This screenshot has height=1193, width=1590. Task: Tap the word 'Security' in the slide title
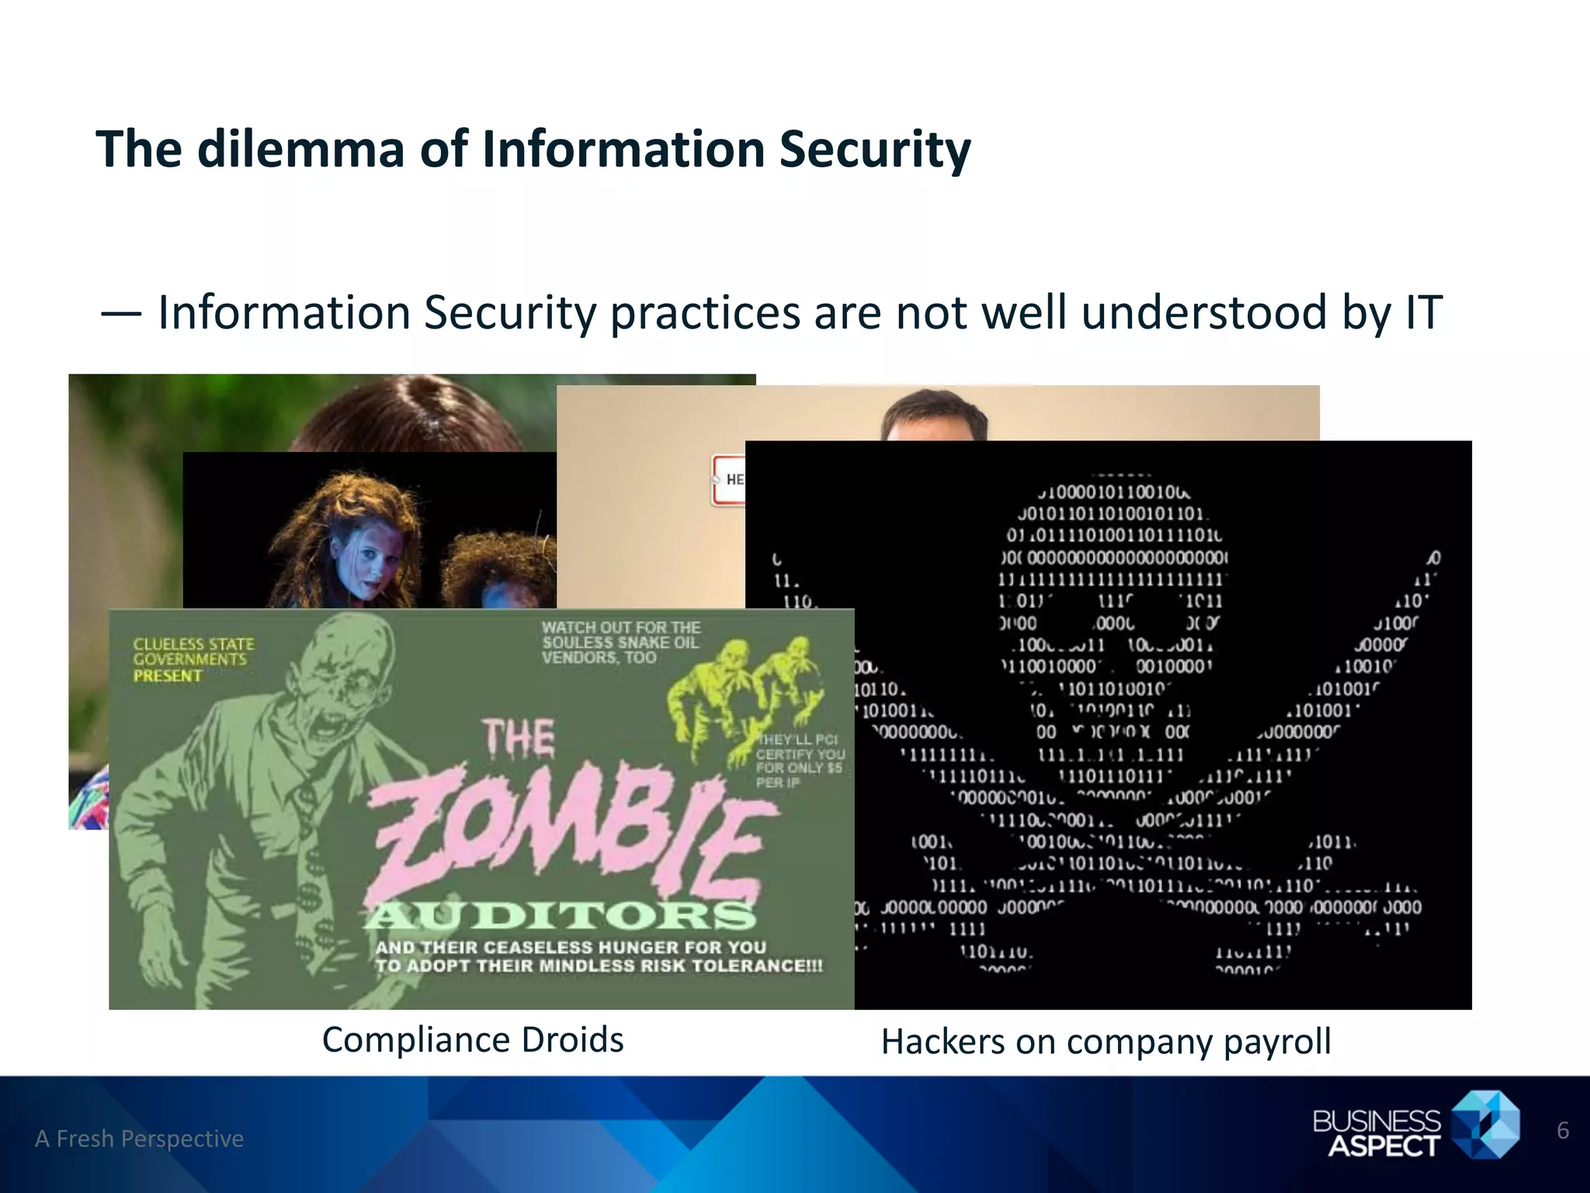(x=875, y=151)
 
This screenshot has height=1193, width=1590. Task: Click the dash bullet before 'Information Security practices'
(x=120, y=314)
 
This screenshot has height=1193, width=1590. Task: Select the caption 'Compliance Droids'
(x=472, y=1040)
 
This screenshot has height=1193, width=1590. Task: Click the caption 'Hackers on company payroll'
(x=1106, y=1042)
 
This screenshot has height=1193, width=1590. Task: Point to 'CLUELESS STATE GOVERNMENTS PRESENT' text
(x=193, y=659)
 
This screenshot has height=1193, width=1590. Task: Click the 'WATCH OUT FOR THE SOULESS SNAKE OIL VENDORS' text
(x=620, y=642)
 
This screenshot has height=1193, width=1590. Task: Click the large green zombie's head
(x=342, y=668)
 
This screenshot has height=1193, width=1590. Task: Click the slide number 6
(x=1563, y=1130)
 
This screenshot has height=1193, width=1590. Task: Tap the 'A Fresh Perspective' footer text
(x=140, y=1139)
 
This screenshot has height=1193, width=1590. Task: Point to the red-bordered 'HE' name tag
(x=729, y=480)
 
